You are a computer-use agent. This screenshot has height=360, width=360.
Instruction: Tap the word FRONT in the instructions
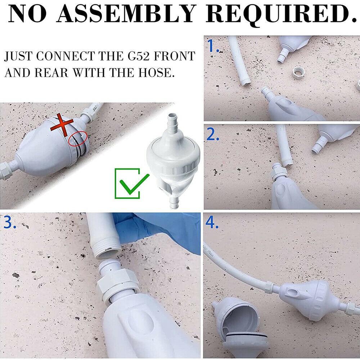[175, 56]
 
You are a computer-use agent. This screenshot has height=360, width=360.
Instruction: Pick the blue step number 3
[10, 222]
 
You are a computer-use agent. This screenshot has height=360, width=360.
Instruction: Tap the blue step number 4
[212, 222]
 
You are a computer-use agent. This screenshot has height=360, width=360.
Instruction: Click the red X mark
[62, 125]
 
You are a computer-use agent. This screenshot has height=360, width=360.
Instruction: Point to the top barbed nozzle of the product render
[172, 123]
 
